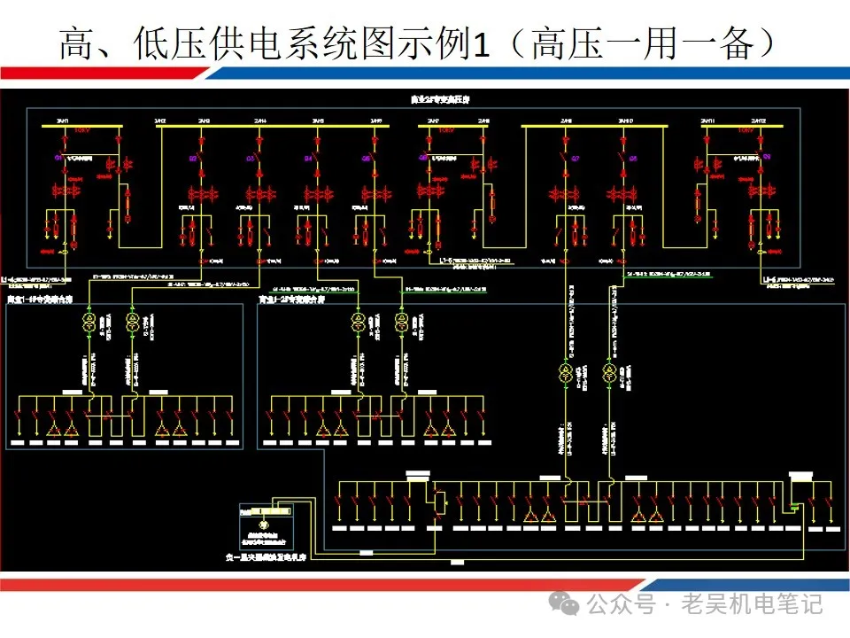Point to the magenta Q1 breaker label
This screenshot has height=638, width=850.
(x=58, y=158)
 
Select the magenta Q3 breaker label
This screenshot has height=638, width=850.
(x=251, y=159)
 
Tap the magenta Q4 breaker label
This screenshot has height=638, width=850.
(x=309, y=159)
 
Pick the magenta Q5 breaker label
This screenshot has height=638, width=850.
(x=366, y=159)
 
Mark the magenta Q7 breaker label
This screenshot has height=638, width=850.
(x=576, y=159)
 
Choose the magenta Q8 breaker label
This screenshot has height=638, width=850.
(x=632, y=159)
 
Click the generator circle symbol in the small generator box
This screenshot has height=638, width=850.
(x=262, y=525)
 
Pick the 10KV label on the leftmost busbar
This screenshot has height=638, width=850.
(x=81, y=130)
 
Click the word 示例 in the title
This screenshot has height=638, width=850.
(x=436, y=43)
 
